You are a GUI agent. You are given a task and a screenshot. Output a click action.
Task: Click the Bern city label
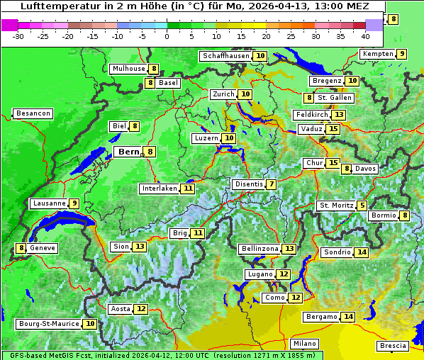[128, 152]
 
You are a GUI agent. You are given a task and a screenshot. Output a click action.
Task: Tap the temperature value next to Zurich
[245, 94]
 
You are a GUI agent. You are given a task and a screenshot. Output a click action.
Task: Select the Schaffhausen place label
[225, 56]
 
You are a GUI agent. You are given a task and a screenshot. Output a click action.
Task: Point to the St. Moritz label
[336, 206]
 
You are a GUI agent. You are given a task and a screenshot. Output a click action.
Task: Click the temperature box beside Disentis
[272, 184]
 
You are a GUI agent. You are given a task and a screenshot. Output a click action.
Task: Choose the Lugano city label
[260, 274]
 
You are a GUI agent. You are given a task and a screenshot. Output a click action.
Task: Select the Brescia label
[393, 346]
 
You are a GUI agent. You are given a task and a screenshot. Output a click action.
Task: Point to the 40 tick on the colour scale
[365, 36]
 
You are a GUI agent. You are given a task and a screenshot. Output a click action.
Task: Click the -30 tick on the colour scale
[18, 36]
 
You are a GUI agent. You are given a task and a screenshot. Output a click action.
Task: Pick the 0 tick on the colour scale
[167, 36]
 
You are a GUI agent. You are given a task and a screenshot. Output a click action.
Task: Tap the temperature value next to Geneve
[22, 248]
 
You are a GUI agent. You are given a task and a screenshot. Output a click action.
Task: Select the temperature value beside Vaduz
[333, 129]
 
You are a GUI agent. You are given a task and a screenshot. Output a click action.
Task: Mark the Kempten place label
[378, 54]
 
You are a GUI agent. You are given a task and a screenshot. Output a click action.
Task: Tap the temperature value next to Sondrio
[362, 252]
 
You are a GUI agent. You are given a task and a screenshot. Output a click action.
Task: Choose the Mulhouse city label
[128, 69]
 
